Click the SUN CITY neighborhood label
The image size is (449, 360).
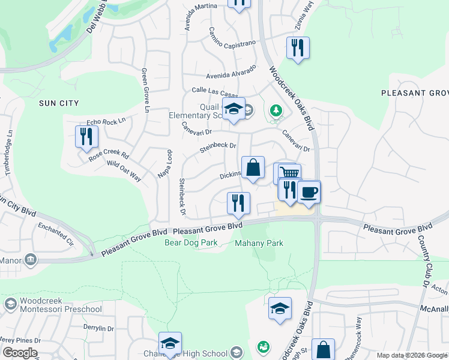tap(59, 103)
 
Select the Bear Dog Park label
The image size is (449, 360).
tap(190, 243)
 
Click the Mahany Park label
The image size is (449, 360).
tap(259, 243)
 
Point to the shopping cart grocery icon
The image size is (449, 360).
tap(289, 173)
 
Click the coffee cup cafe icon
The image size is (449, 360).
tap(309, 192)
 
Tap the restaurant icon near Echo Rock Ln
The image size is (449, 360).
tap(87, 137)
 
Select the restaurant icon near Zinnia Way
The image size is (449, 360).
tap(297, 47)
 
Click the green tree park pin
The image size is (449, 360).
tap(276, 110)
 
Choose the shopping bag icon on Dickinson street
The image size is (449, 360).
tap(253, 168)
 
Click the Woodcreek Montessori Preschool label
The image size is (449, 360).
tap(52, 305)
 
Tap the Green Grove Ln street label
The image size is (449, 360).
tap(145, 90)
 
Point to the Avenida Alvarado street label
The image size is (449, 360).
tap(231, 72)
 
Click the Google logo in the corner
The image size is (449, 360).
tap(19, 353)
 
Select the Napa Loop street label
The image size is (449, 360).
tap(163, 163)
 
